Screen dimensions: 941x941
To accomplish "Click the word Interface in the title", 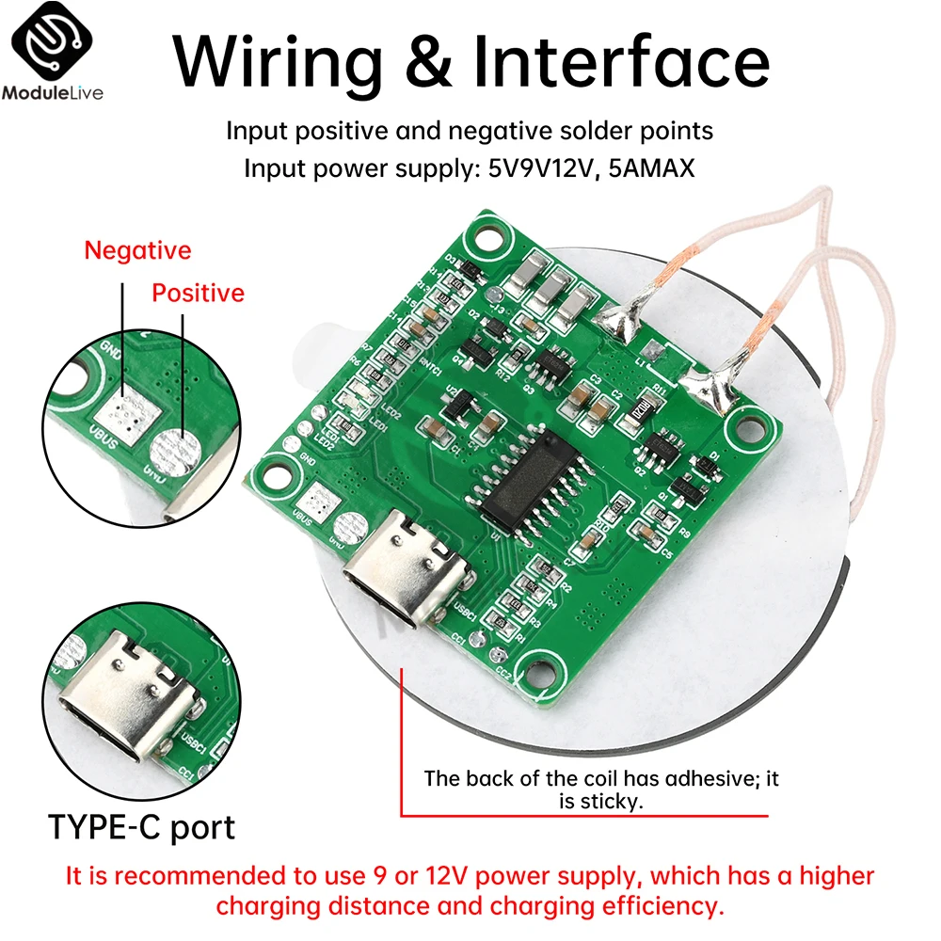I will tap(621, 61).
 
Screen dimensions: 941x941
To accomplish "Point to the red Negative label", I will tap(137, 251).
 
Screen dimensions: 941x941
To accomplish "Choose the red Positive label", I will tap(199, 294).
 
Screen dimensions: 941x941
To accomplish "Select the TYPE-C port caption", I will tap(141, 827).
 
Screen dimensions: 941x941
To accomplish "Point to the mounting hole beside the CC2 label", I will tap(541, 669).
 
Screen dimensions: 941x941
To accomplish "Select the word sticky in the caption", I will tap(612, 802).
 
